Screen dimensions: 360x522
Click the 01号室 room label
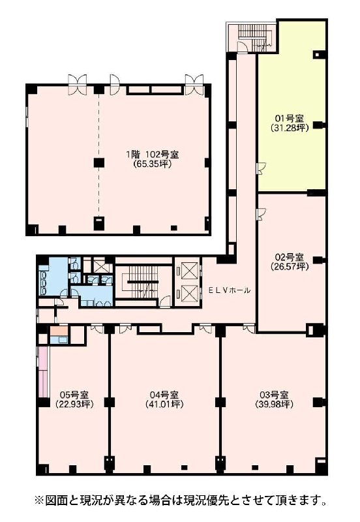(x=290, y=118)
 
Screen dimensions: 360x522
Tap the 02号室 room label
(x=290, y=257)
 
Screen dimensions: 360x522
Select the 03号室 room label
(x=274, y=395)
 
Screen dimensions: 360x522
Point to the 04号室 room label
(x=164, y=395)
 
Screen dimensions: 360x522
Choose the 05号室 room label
(x=74, y=395)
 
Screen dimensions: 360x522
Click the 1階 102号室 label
(x=153, y=155)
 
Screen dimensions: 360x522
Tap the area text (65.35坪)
(x=153, y=164)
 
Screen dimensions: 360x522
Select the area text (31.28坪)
(x=290, y=127)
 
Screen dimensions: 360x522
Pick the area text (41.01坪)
(x=164, y=405)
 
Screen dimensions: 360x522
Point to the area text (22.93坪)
(x=74, y=405)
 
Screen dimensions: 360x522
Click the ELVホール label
(x=230, y=290)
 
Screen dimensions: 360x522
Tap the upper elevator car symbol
(x=189, y=270)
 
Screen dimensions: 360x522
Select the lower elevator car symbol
(x=189, y=294)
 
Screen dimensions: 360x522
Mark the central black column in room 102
(x=99, y=162)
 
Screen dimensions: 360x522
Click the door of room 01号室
(x=260, y=168)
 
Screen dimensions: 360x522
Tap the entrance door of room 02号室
(x=260, y=214)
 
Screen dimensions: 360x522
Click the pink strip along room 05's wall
(x=42, y=371)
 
